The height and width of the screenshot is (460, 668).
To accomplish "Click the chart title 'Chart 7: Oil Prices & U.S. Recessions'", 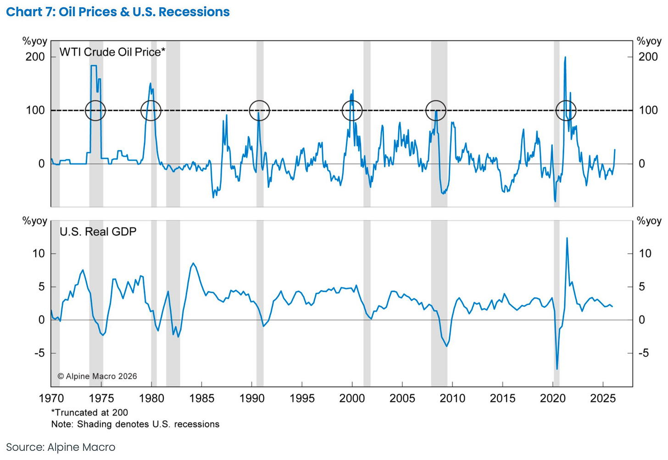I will [x=118, y=12].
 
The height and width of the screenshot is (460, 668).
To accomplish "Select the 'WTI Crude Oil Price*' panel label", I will [x=112, y=52].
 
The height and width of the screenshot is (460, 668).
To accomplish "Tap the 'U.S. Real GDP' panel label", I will [x=98, y=232].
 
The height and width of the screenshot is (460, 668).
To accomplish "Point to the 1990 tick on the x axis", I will [x=252, y=398].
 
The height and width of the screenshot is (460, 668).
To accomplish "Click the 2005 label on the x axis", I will [x=402, y=398].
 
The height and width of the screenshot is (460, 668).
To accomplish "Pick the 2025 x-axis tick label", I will [x=602, y=398].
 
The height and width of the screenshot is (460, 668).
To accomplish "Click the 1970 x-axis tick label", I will [x=51, y=398].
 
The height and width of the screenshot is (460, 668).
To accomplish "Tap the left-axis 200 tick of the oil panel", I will [x=35, y=57].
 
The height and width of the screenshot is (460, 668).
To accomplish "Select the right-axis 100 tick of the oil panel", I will [x=648, y=110].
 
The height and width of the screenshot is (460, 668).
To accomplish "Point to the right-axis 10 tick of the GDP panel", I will [x=645, y=254].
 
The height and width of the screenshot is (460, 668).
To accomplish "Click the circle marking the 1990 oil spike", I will [x=259, y=110].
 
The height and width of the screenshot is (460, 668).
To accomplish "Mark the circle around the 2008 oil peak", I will [x=436, y=110].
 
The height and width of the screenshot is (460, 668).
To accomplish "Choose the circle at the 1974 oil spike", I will [x=95, y=110].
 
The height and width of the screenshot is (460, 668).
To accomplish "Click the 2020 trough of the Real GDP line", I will [x=557, y=369].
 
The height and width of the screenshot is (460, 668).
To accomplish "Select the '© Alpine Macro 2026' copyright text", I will [x=97, y=376].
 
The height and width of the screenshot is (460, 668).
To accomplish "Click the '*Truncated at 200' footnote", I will [x=89, y=412].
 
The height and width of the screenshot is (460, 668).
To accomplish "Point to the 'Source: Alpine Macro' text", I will [x=61, y=447].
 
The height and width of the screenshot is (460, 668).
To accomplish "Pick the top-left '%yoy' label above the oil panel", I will [x=35, y=41].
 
